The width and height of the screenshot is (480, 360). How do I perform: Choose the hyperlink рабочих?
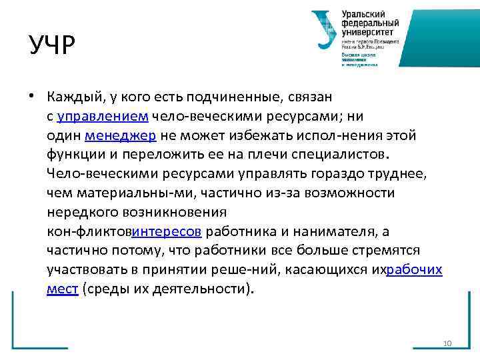click(x=414, y=270)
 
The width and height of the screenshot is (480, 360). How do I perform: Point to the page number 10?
click(x=447, y=343)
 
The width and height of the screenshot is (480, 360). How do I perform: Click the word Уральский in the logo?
click(x=364, y=14)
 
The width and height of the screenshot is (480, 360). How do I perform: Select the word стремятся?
click(x=387, y=251)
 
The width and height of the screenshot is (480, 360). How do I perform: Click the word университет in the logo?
click(x=367, y=31)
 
